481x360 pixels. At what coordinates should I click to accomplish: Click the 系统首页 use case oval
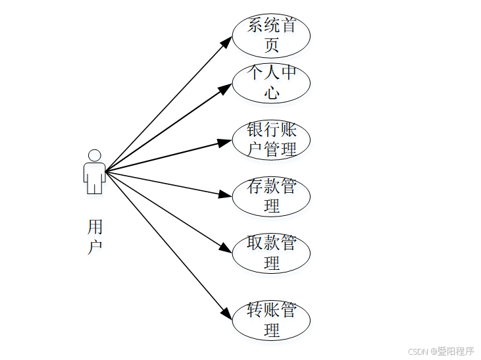coord(271,36)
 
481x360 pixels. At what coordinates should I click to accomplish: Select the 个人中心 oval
coord(271,83)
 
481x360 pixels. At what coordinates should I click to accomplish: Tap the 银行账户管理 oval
coord(271,140)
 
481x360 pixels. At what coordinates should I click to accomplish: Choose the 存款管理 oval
coord(271,196)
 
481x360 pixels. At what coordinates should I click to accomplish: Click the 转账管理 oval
coord(271,321)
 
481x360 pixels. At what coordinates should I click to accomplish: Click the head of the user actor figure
coord(94,156)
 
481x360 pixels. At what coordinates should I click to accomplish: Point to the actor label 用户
coord(95,237)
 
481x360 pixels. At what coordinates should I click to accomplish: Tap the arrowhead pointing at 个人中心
coord(226,88)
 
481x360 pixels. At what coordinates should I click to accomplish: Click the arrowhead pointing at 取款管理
coord(227,249)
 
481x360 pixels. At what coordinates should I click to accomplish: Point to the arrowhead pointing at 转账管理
coord(227,315)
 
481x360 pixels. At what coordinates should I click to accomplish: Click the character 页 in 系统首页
coord(272,45)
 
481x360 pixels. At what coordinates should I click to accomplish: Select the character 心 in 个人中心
coord(272,92)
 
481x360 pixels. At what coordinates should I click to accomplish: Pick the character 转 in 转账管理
coord(255,310)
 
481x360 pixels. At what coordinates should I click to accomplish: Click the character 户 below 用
coord(95,247)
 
